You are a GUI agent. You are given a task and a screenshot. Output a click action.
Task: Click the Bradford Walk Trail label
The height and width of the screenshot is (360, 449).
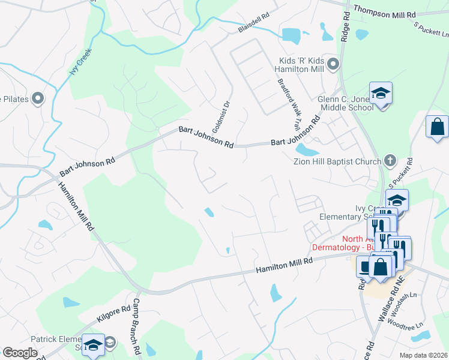click(289, 104)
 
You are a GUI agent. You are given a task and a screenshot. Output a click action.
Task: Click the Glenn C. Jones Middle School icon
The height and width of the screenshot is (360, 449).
click(380, 94)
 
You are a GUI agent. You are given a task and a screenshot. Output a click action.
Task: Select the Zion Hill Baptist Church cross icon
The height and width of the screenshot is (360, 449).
click(390, 161)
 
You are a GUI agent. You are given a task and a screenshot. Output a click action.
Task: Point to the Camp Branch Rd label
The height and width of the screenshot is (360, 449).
click(136, 327)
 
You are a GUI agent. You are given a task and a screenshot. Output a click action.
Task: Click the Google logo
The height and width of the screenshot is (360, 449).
click(19, 353)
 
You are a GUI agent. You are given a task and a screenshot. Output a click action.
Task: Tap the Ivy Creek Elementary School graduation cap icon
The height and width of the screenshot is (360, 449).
click(397, 199)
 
